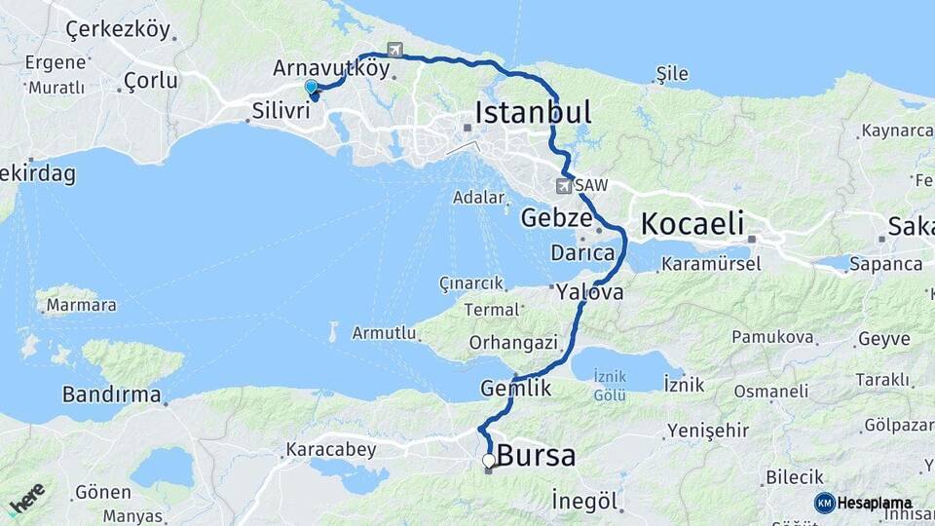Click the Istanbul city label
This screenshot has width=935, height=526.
tap(533, 112)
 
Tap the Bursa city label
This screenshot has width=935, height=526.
tap(536, 455)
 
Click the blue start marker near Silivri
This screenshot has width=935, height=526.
tap(312, 88)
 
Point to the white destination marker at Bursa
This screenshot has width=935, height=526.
tap(489, 460)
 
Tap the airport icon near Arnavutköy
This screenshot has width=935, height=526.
tap(394, 50)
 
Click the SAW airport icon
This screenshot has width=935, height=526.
tap(564, 185)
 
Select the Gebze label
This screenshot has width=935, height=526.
tap(555, 217)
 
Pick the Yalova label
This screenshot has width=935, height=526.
tap(589, 291)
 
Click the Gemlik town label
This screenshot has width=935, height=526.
tap(516, 388)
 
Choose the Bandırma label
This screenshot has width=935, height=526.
tap(111, 394)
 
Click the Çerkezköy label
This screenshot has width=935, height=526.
tap(117, 29)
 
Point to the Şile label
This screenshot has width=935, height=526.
tap(672, 74)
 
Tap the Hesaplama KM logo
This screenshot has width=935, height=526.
tap(864, 503)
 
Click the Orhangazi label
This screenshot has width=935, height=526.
tap(513, 342)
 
